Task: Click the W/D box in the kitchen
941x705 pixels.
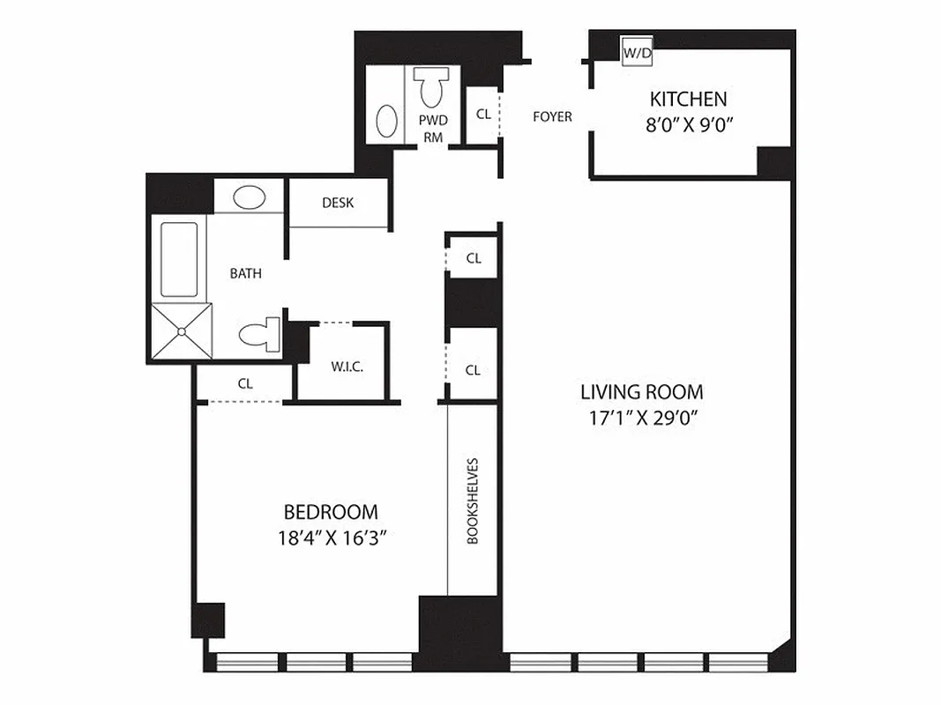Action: click(637, 53)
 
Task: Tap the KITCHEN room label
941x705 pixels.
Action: click(688, 99)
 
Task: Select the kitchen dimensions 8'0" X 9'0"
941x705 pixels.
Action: click(690, 124)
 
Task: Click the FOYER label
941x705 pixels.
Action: click(552, 116)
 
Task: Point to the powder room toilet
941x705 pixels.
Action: click(431, 88)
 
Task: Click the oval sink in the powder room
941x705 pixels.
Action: click(386, 121)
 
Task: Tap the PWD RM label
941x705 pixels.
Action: click(433, 128)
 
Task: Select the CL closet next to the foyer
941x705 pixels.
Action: click(483, 114)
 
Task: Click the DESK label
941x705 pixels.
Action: click(338, 203)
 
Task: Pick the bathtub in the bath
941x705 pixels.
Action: click(179, 259)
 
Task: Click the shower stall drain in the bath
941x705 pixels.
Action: click(182, 331)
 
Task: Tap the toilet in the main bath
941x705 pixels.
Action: click(258, 335)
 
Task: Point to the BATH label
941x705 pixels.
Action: click(245, 273)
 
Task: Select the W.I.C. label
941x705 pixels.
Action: click(341, 366)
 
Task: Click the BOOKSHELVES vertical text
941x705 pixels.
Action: click(473, 500)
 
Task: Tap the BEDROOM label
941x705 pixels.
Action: click(331, 511)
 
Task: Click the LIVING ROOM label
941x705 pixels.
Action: click(641, 391)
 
